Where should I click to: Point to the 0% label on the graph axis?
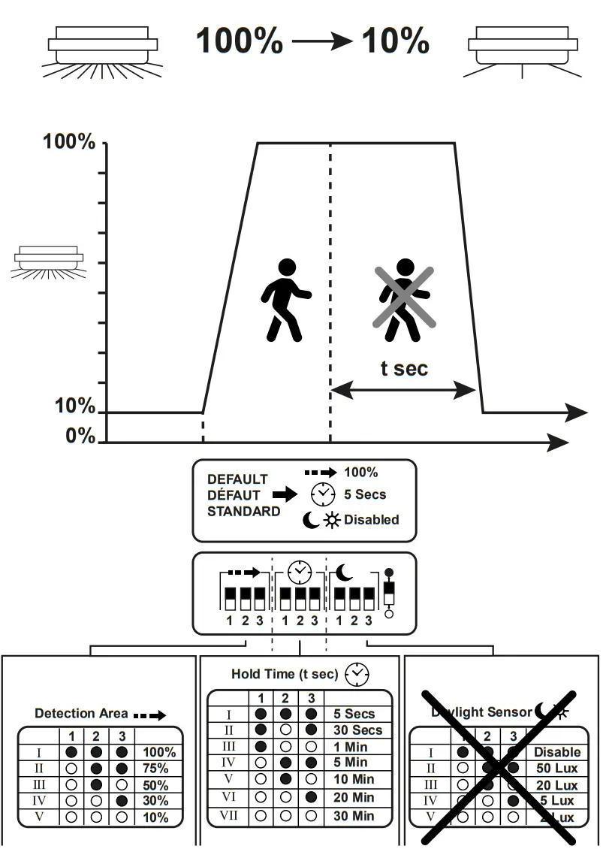[80, 437]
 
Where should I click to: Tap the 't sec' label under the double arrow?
[404, 368]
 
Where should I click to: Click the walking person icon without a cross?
[285, 300]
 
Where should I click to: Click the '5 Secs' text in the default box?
[365, 495]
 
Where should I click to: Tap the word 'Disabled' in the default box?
[372, 519]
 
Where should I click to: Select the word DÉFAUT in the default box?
[234, 495]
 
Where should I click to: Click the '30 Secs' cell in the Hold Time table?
[358, 730]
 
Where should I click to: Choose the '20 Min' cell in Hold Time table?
[354, 798]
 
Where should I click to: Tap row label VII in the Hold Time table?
[230, 815]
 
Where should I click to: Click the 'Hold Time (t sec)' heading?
[285, 674]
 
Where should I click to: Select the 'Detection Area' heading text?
[82, 714]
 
